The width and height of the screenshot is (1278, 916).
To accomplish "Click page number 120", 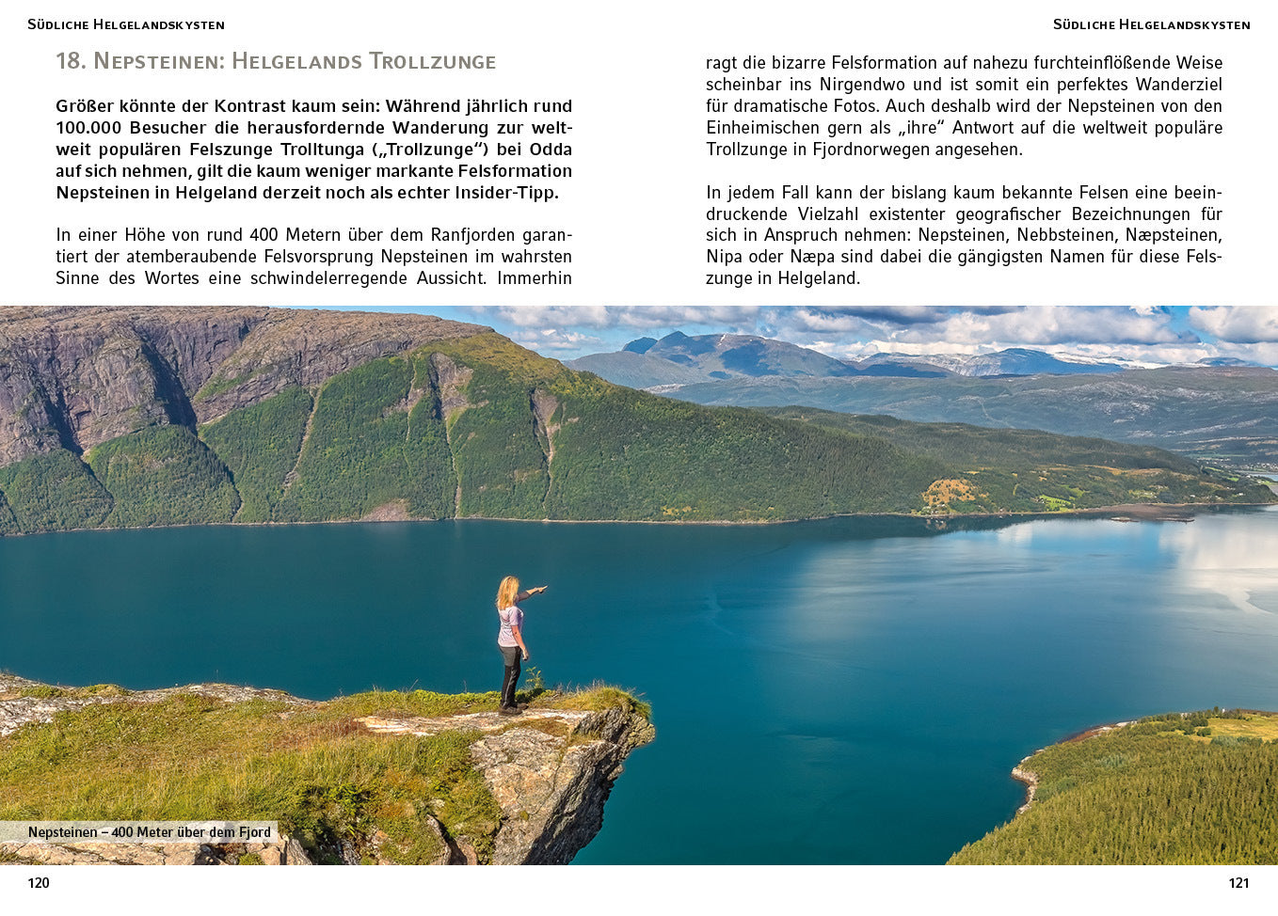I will tap(39, 882).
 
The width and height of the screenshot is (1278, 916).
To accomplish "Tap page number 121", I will tap(1238, 882).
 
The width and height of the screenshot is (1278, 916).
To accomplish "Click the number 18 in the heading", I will tap(71, 61).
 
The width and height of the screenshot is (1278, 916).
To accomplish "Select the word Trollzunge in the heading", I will tap(432, 61).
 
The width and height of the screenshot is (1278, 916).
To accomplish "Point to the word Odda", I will tap(551, 150).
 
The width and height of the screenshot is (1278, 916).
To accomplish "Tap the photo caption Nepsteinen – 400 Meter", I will tap(149, 832).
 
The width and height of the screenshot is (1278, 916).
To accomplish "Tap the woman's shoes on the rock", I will tap(509, 708).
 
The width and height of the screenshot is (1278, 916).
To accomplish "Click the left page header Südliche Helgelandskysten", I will tap(126, 24).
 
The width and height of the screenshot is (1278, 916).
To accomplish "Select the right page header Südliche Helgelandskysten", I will tap(1152, 24).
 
